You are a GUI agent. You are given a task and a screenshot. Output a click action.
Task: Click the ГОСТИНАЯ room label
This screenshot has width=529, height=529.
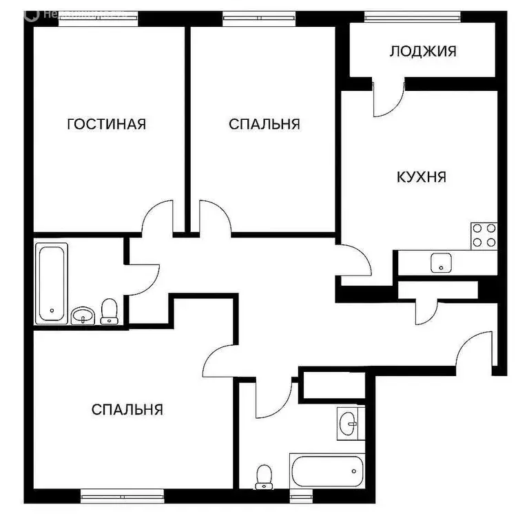point(106,124)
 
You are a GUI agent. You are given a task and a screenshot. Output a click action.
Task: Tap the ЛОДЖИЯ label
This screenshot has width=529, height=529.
point(423,51)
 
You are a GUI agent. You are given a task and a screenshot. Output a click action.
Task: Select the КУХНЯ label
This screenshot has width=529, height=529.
point(422,177)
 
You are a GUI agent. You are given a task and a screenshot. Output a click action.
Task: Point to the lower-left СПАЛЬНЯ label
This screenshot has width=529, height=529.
point(127,410)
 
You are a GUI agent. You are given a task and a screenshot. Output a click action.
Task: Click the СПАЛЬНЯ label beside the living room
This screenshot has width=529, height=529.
point(264,124)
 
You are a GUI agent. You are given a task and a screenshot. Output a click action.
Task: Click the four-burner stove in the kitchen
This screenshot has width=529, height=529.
point(484,235)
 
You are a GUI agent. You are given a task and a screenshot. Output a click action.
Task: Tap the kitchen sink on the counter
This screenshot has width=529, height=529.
point(439,262)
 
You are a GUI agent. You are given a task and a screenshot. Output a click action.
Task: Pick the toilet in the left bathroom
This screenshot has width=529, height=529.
point(109,311)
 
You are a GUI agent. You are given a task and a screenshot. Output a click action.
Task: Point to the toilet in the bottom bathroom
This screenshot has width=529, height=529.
point(264,476)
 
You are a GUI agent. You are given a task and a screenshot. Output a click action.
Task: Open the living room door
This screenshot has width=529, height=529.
point(157,217)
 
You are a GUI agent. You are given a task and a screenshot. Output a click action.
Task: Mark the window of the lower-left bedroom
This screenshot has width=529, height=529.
point(122,493)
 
